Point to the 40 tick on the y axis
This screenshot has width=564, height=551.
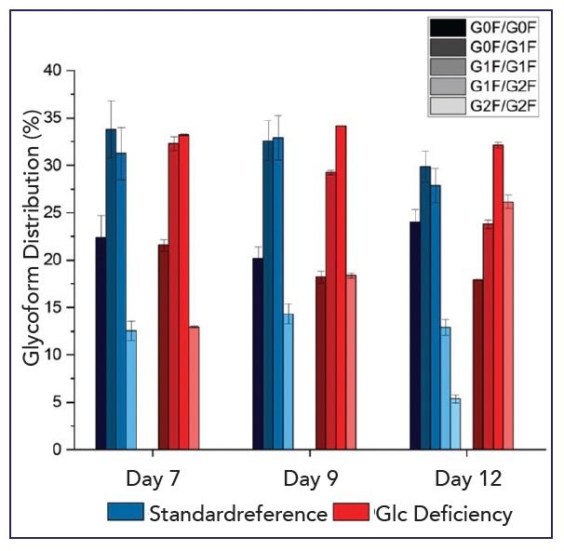click(x=61, y=71)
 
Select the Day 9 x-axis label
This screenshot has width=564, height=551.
click(x=311, y=479)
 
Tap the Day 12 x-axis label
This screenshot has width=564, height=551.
click(x=469, y=479)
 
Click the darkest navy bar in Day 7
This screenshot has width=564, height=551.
click(x=101, y=343)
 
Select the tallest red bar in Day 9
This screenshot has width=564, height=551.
click(x=341, y=288)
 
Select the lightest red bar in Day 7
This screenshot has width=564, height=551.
click(x=194, y=388)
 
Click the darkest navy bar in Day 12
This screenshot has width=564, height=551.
click(x=414, y=336)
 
